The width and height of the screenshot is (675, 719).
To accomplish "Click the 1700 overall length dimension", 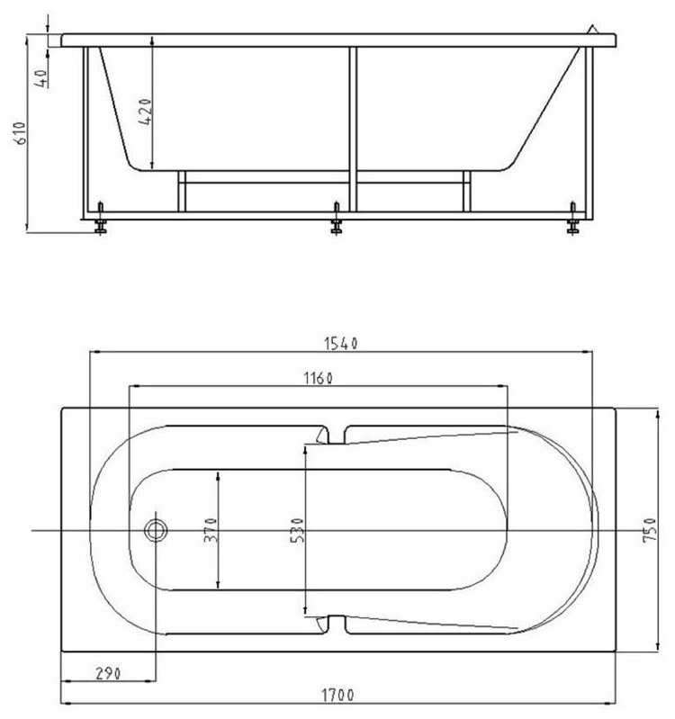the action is tap(337, 696).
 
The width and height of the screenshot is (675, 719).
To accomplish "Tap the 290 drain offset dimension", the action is tap(108, 674).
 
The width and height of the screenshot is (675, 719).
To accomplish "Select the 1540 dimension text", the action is tap(341, 344).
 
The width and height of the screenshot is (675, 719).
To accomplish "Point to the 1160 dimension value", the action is tap(318, 378).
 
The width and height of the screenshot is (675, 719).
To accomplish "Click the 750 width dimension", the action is tap(649, 531).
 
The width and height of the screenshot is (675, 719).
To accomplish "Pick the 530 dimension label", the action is tap(297, 531).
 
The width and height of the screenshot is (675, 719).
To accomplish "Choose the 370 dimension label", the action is tap(211, 530).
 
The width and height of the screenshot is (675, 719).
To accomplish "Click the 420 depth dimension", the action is tap(145, 112).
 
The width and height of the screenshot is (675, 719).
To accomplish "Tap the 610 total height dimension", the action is tap(21, 133).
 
